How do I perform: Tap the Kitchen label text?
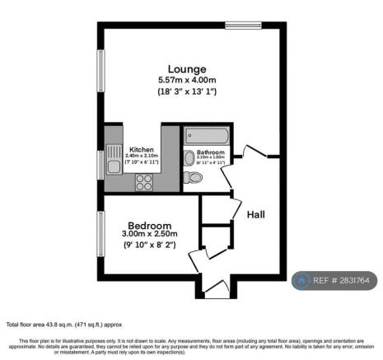(141, 149)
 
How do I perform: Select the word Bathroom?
(212, 153)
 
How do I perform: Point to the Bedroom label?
(149, 225)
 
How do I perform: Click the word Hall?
(255, 214)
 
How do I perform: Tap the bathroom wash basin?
(190, 157)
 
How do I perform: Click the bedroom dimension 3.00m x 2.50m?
(149, 235)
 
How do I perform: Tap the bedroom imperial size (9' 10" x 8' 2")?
(149, 245)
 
